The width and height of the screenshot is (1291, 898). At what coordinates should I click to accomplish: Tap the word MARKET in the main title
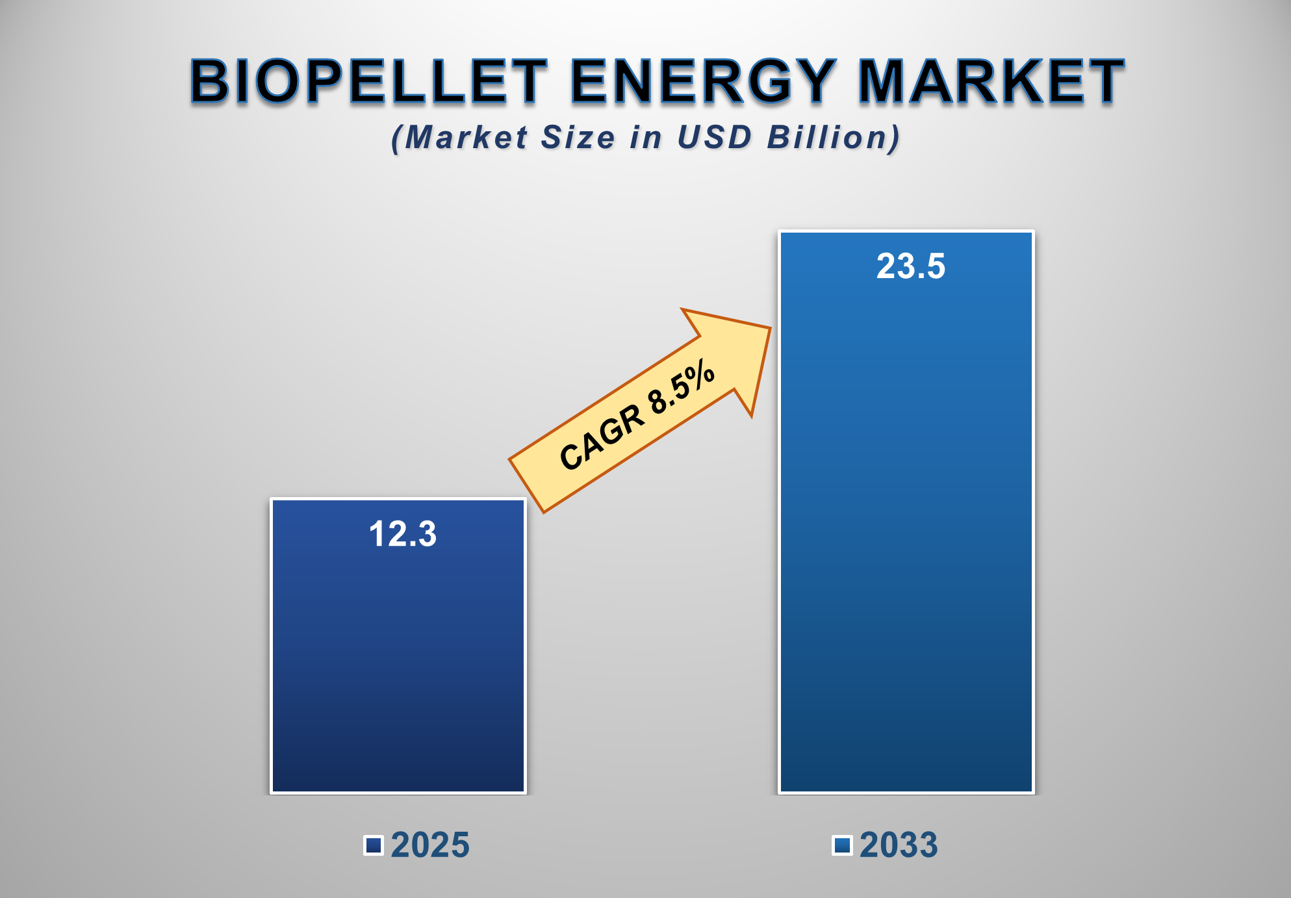(991, 81)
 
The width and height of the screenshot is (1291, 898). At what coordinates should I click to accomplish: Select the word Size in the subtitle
(578, 138)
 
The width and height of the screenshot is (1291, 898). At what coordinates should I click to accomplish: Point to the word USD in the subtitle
(714, 138)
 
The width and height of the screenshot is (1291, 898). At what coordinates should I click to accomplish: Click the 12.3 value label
(403, 534)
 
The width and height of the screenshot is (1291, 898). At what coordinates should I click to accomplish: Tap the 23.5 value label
(910, 266)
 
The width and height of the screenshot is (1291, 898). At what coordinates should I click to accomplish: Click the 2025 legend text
(429, 845)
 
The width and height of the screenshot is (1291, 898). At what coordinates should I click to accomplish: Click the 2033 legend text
(899, 845)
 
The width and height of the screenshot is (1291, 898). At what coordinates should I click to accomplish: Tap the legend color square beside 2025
(373, 845)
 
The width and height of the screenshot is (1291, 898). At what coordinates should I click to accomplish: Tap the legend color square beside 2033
(842, 845)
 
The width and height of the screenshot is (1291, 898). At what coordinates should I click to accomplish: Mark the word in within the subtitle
(646, 138)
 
